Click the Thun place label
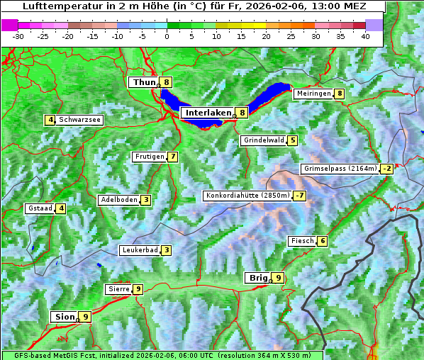point(144,82)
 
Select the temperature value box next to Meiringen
point(340,94)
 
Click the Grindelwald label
point(263,140)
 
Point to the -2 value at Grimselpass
point(386,169)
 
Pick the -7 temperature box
point(300,196)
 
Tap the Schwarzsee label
point(79,120)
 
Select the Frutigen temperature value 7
point(172,157)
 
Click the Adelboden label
point(118,200)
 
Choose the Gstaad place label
point(40,208)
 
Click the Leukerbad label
point(139,250)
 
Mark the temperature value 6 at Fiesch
point(322,241)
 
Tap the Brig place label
point(257,278)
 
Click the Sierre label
point(118,289)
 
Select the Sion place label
point(64,317)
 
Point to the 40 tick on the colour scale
point(364,35)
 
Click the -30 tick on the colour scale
point(18,35)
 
